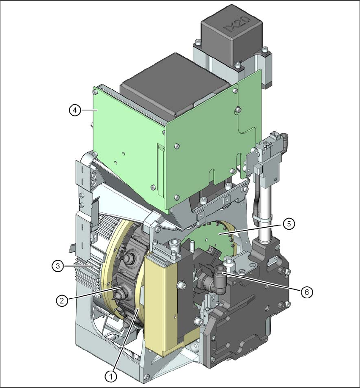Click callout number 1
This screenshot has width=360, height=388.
coord(111,377)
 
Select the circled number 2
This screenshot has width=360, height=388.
coord(62,301)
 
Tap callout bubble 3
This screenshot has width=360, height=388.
coord(58,266)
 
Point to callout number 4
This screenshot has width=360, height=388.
coord(75,110)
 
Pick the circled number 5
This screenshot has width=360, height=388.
coord(289,224)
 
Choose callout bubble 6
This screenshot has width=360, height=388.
coord(307,292)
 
